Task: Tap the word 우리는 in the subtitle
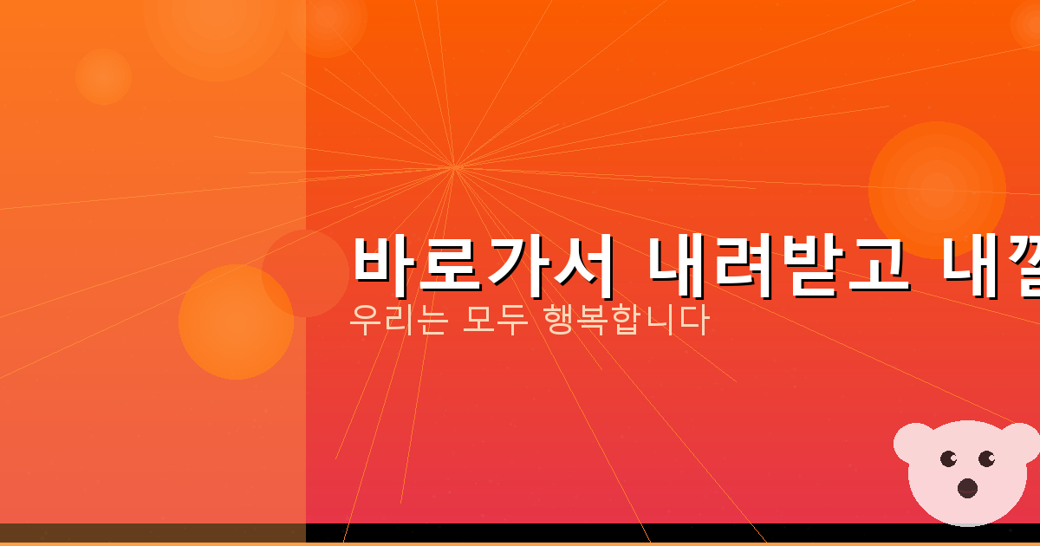[x=398, y=321]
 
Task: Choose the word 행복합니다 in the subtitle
[x=625, y=321]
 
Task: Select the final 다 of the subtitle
[x=694, y=321]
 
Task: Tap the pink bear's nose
[x=967, y=488]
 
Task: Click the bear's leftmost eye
[x=947, y=458]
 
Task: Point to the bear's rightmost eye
[x=986, y=458]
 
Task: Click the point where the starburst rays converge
[x=454, y=166]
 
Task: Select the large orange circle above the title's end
[x=937, y=190]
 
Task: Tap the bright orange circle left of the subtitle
[x=236, y=322]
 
